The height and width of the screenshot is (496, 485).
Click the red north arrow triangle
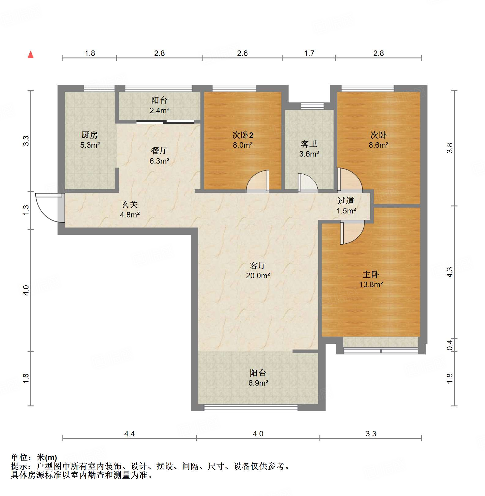point(31,55)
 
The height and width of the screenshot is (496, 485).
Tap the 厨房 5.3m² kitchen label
point(90,140)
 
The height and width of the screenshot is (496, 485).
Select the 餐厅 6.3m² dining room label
point(159,155)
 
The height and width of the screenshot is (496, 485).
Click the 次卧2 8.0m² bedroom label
point(243,140)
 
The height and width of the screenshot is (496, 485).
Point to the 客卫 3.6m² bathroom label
point(309,149)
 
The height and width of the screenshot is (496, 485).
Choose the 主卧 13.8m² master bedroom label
point(371,279)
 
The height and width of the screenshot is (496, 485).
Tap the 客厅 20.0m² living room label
point(258,270)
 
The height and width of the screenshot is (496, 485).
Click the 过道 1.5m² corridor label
point(346,205)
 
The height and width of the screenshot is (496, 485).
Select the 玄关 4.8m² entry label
point(130,209)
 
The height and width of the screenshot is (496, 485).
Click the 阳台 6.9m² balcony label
point(258,378)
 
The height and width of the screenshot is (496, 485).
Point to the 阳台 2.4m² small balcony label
point(159,105)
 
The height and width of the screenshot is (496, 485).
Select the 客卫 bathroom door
point(307,184)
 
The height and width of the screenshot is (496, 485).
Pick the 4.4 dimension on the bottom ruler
point(129,433)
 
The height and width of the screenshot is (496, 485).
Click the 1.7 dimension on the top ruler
point(309,53)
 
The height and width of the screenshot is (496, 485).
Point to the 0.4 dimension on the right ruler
point(450,345)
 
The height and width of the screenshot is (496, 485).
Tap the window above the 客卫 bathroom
point(312,106)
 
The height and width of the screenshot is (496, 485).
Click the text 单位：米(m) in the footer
point(34,457)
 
